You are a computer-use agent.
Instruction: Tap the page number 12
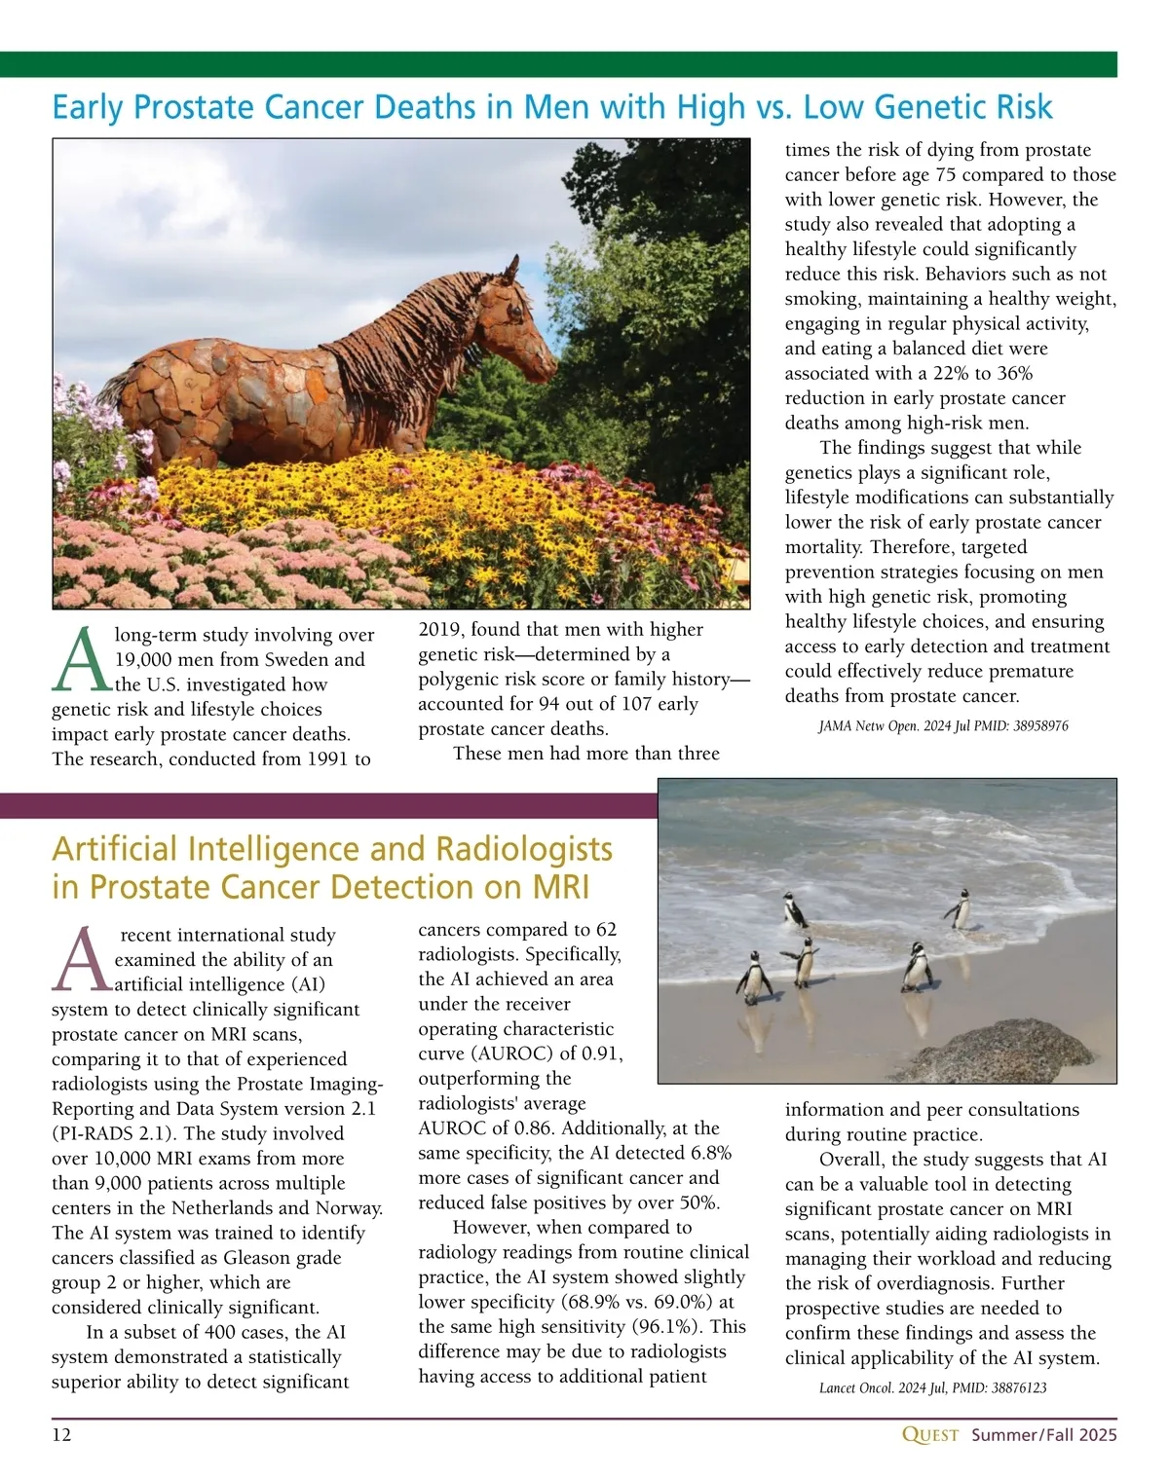(x=61, y=1435)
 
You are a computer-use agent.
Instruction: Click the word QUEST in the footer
(x=930, y=1435)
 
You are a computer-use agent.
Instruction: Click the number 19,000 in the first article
(x=148, y=660)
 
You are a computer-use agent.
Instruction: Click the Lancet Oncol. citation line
(x=932, y=1387)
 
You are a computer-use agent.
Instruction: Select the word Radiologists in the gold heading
(x=523, y=849)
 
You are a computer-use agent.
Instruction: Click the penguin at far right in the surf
(x=959, y=909)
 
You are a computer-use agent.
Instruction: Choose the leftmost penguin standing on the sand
(x=752, y=977)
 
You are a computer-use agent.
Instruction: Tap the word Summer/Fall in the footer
(x=1017, y=1435)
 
